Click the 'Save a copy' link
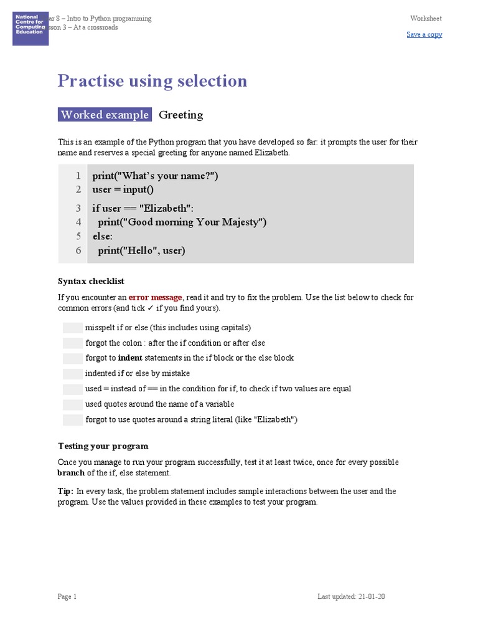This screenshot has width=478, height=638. tap(424, 34)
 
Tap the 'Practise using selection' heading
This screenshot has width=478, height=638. tap(152, 81)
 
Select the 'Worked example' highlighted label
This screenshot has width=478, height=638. tap(105, 115)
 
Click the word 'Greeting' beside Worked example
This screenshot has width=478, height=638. tap(180, 115)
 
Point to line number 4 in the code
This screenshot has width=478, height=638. tap(78, 222)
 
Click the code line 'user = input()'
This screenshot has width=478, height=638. tap(123, 189)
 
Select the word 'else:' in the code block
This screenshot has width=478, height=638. tap(102, 236)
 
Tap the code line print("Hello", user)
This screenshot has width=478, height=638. tap(142, 250)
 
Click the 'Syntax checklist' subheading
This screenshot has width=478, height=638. tap(91, 281)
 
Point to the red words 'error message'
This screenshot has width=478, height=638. tap(155, 297)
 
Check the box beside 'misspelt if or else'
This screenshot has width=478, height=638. tap(72, 328)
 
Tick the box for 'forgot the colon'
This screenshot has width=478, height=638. tap(72, 343)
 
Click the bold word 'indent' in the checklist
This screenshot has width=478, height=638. tap(130, 358)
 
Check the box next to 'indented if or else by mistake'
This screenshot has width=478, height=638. tap(72, 373)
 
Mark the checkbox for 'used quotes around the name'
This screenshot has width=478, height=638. tap(72, 404)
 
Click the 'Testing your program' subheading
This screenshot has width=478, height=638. tap(103, 446)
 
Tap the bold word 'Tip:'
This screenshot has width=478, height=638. tap(66, 491)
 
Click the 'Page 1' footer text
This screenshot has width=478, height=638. tap(67, 597)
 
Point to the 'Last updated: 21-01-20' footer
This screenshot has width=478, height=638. tap(351, 597)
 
